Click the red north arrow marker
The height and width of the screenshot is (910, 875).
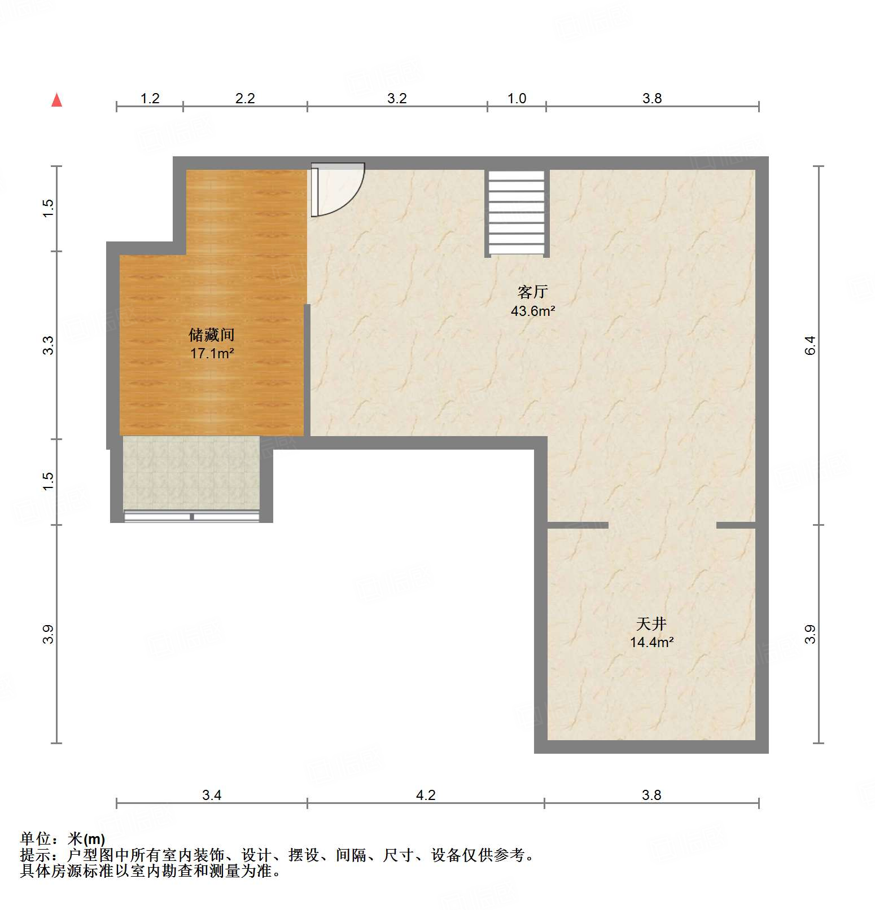(x=56, y=100)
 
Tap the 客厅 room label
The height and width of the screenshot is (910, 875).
(x=532, y=292)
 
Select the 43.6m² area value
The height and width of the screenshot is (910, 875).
(x=532, y=311)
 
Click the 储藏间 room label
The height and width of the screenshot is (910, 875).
(x=212, y=335)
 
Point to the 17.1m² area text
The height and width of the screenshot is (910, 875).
(x=212, y=354)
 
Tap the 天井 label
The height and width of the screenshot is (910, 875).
(x=651, y=623)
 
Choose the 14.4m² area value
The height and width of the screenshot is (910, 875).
(x=651, y=642)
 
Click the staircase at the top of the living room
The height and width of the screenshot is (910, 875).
(x=517, y=213)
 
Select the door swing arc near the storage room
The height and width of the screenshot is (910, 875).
(x=339, y=189)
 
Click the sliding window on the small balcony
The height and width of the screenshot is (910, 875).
(x=191, y=516)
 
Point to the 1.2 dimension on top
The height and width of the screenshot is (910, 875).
(x=150, y=99)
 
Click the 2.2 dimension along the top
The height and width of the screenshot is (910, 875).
(x=245, y=99)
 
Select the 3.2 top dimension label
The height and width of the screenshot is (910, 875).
(x=397, y=99)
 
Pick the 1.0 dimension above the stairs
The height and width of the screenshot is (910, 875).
(x=517, y=99)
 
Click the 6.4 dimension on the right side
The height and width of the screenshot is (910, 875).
(x=810, y=345)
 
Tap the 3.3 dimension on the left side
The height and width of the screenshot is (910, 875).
(x=49, y=345)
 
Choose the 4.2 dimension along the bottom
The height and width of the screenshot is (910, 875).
(x=426, y=795)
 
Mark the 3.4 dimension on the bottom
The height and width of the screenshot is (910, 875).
(x=212, y=795)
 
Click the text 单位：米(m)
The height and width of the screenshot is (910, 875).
(x=63, y=839)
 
